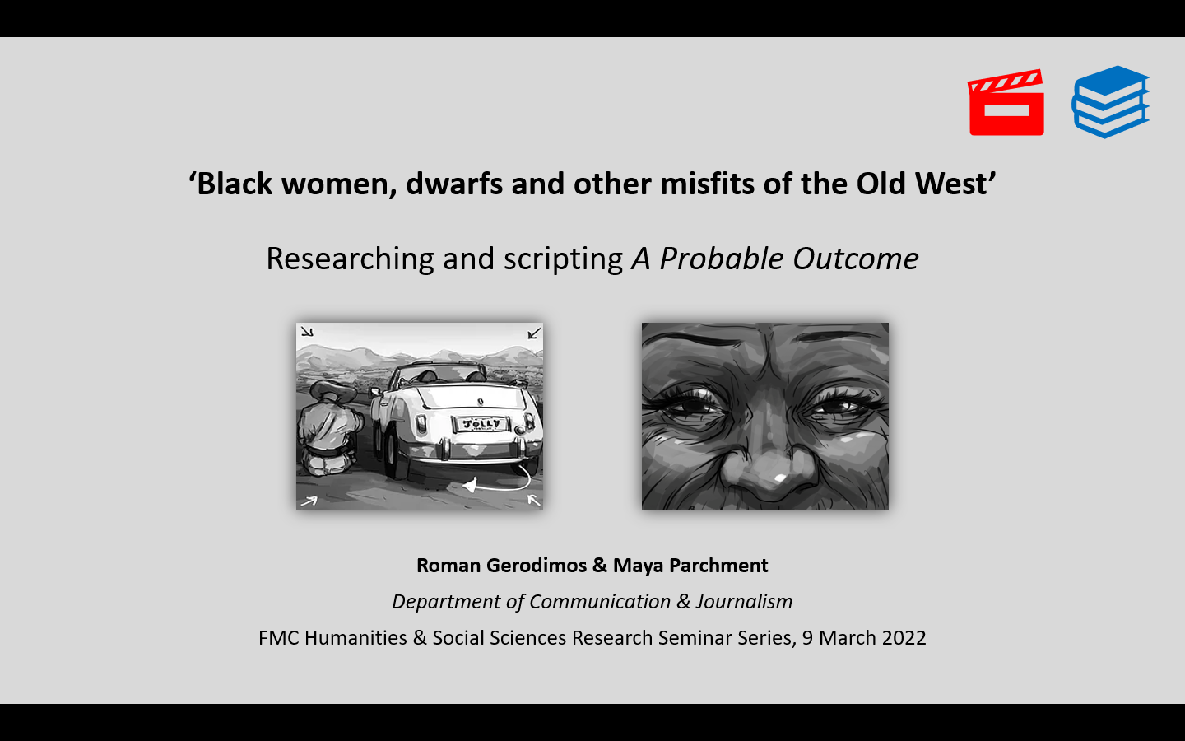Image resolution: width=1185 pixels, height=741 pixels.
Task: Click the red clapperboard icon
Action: tap(1006, 103)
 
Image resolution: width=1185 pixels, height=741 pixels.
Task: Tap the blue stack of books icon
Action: tap(1110, 101)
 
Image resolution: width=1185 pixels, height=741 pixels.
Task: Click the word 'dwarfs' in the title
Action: tap(454, 184)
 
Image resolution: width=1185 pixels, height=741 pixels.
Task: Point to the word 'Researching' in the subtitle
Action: tap(351, 259)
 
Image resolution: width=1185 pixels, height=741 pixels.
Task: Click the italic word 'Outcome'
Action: tap(856, 259)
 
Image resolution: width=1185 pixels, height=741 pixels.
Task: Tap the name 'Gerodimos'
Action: tap(536, 566)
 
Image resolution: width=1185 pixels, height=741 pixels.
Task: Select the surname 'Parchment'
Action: tap(718, 566)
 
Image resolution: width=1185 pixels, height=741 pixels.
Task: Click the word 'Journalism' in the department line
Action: tap(744, 602)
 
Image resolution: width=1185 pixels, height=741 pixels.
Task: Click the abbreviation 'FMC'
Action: tap(279, 638)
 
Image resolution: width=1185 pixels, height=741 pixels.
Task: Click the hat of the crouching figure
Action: tap(332, 392)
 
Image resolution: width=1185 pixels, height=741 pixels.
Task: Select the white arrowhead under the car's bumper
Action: tap(470, 485)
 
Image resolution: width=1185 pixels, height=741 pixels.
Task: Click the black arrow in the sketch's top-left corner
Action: tap(307, 332)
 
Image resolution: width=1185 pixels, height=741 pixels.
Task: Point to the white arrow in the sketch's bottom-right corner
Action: tap(534, 500)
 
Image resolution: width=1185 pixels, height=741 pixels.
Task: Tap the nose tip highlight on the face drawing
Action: tap(780, 478)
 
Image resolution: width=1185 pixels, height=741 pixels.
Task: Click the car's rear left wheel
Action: tap(392, 454)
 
